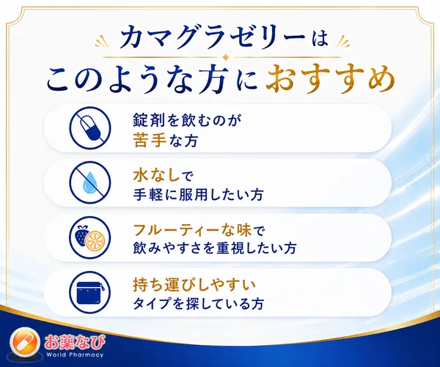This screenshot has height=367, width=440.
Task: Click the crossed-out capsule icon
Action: (x=90, y=128)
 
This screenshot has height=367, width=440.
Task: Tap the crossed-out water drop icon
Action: (x=90, y=182)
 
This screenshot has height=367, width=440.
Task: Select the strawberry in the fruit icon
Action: (x=83, y=235)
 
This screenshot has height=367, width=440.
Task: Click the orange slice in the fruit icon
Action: (x=95, y=242)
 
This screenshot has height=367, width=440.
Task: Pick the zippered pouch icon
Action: (x=90, y=292)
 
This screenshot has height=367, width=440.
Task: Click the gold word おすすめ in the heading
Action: (x=330, y=79)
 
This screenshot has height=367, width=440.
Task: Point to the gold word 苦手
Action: (x=150, y=141)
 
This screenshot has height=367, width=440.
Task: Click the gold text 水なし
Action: (x=156, y=176)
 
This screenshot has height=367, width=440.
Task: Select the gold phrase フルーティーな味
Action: (x=191, y=231)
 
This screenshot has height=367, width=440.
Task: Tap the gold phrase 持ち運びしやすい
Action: (x=194, y=285)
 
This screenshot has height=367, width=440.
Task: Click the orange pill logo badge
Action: (x=25, y=342)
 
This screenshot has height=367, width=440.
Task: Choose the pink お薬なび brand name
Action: (x=75, y=342)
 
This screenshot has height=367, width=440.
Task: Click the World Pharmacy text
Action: (x=75, y=355)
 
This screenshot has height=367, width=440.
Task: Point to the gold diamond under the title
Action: (x=224, y=57)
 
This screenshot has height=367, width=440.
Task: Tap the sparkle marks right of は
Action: (x=343, y=41)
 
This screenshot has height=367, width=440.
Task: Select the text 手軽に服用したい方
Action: (x=198, y=195)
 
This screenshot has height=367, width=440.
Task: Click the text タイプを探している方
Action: (x=199, y=304)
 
